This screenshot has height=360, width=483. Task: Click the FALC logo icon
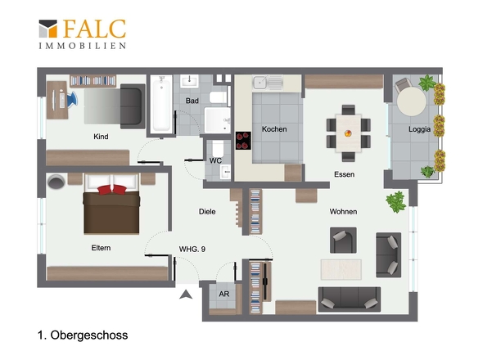(48, 29)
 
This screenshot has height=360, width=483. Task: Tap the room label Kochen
(274, 129)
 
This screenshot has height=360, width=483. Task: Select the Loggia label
(419, 129)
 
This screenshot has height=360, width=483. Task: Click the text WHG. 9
(192, 249)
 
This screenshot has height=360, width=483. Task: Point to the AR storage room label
(224, 294)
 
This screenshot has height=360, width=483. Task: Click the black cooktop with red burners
(243, 141)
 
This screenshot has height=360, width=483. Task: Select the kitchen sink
(268, 83)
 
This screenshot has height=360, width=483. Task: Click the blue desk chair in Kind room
(72, 99)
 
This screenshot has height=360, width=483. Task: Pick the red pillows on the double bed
(112, 189)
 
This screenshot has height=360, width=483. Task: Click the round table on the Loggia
(411, 101)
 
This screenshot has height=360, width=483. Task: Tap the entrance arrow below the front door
(186, 295)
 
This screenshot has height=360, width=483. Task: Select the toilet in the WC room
(218, 148)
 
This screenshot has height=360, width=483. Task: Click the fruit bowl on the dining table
(348, 133)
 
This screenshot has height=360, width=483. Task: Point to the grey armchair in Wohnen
(343, 241)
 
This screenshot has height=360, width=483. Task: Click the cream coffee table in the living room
(341, 269)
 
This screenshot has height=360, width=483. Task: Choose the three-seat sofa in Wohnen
(350, 299)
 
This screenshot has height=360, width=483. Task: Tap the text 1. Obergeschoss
(83, 335)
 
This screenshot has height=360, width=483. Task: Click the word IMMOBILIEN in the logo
(82, 46)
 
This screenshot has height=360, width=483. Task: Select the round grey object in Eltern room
(56, 182)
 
